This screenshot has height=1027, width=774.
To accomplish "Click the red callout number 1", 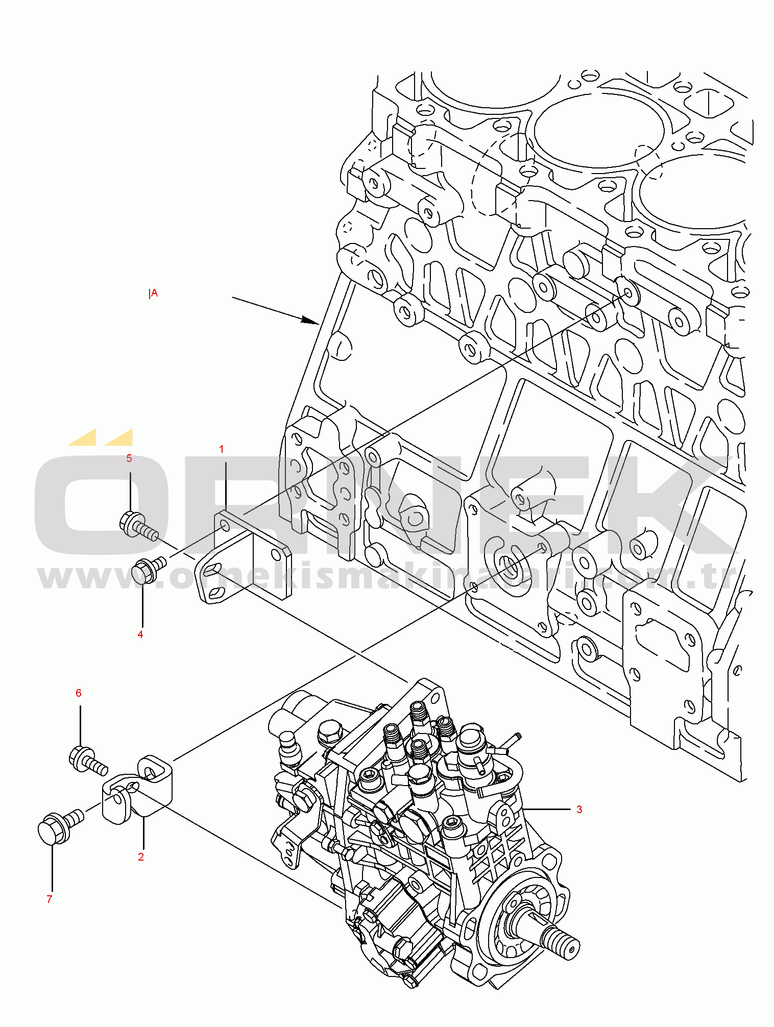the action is click(221, 449).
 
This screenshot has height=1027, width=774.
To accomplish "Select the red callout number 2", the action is click(141, 857).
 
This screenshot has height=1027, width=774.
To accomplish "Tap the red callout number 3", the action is click(579, 809).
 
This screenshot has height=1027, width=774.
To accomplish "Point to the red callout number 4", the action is click(140, 634).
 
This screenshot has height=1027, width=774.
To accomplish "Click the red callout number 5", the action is click(129, 458).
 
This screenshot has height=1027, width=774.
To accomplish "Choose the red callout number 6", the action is click(79, 693).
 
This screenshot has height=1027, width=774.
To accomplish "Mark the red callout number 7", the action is click(50, 899).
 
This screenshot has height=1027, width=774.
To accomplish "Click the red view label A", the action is click(153, 294).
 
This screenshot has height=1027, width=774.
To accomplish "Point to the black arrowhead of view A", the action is click(310, 320).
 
